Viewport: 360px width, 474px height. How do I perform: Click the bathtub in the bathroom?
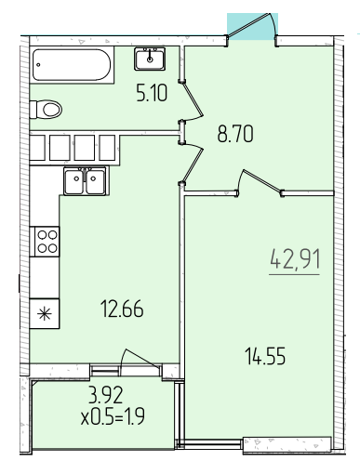click(x=72, y=65)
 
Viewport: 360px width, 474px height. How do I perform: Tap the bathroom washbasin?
click(x=150, y=59)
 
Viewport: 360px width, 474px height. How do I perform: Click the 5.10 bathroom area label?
click(x=152, y=93)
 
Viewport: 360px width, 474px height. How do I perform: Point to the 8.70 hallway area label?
click(x=235, y=134)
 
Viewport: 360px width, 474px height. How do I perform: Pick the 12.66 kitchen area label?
click(x=122, y=309)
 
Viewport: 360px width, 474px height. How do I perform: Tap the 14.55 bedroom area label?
click(x=265, y=356)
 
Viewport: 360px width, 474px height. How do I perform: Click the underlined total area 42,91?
click(x=294, y=259)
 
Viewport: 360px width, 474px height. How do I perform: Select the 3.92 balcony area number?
click(x=105, y=395)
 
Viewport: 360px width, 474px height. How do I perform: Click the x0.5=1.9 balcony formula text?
click(x=113, y=416)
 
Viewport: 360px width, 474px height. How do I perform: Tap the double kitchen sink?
click(x=85, y=181)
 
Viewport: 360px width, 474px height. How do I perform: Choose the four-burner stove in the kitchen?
click(x=47, y=242)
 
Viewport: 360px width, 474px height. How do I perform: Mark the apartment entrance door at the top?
click(x=250, y=26)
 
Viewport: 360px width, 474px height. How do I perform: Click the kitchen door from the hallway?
click(x=193, y=163)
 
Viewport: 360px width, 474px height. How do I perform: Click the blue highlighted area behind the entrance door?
click(x=252, y=27)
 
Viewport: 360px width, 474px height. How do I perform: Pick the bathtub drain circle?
click(x=38, y=65)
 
